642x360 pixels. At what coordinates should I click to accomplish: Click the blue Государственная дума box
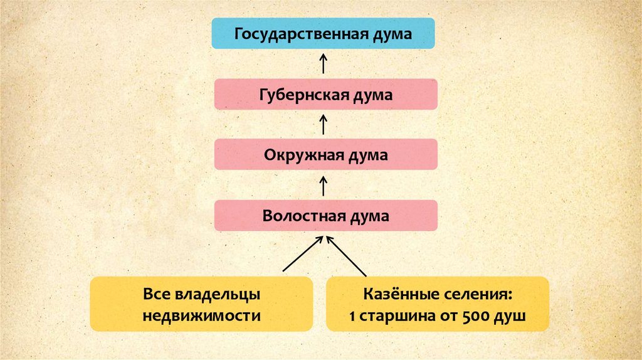tap(323, 34)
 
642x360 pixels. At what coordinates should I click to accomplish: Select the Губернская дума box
tap(325, 95)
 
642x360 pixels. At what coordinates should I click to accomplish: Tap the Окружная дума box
tap(325, 155)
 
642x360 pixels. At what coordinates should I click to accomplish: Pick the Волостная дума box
tap(325, 216)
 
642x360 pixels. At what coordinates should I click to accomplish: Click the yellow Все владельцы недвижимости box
tap(201, 304)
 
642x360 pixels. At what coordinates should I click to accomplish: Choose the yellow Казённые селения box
tap(438, 304)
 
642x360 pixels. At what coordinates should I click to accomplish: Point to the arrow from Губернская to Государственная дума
tap(324, 64)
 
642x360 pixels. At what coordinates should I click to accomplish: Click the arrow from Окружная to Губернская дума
tap(324, 124)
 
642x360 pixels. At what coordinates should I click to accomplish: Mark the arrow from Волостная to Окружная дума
tap(324, 186)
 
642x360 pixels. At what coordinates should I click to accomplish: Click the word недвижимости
tap(201, 315)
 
